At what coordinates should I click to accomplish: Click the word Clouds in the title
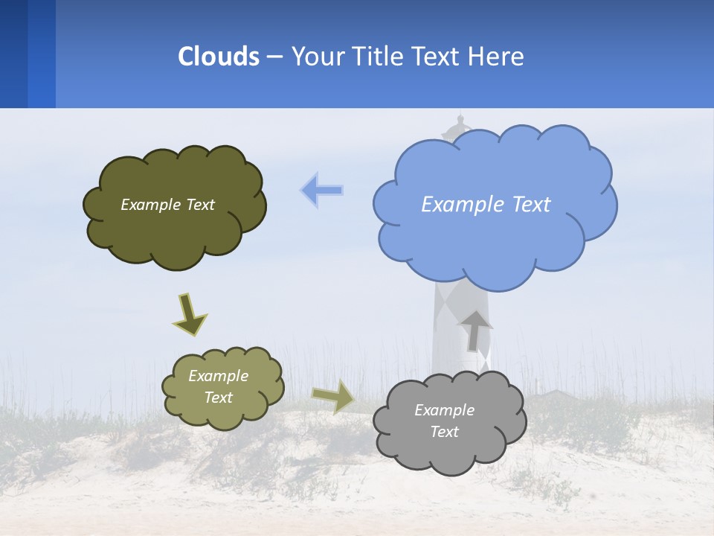(219, 57)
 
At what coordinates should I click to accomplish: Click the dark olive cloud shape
(174, 238)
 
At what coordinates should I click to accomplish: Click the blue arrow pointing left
(321, 190)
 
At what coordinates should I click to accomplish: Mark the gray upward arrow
(475, 330)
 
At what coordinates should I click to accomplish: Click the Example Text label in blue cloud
(486, 205)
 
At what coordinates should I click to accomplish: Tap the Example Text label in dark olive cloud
(167, 205)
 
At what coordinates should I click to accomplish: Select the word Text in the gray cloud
(444, 432)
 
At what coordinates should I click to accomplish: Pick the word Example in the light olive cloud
(218, 376)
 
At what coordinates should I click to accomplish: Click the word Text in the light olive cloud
(218, 398)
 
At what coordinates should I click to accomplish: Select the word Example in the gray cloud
(444, 410)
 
